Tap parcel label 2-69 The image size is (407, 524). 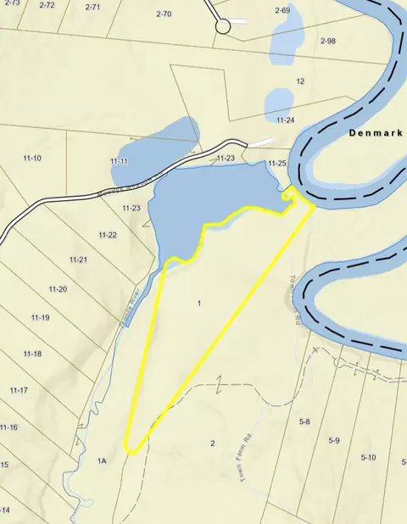pos(282,10)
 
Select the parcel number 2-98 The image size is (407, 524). pos(328,41)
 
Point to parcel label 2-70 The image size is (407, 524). pos(164,14)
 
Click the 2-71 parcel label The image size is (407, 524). pos(92,7)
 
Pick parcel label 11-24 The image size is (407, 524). pos(285,120)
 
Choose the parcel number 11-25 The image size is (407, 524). pos(276,163)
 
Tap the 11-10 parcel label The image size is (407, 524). pos(32,159)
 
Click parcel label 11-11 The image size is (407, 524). pos(119,161)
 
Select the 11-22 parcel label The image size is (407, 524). pos(107,235)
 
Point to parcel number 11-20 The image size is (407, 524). pos(58,289)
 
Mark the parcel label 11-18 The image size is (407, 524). pos(32,354)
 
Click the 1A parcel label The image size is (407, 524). pos(102,460)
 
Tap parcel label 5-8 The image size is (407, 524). pos(304,421)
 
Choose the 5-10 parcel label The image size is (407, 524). pos(368,458)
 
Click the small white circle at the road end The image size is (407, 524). pos(223,26)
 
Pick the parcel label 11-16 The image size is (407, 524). pos(8,427)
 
